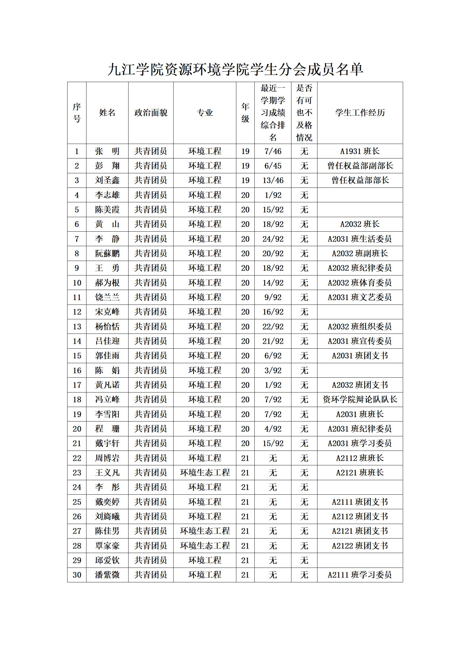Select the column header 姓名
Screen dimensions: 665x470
[107, 113]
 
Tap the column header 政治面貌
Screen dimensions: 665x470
[151, 113]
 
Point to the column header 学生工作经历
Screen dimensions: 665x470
[360, 113]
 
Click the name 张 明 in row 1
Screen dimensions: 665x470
[107, 151]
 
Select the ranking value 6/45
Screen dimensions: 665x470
[273, 166]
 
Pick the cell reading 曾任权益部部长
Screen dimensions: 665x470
[360, 180]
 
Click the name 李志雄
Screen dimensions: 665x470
[107, 195]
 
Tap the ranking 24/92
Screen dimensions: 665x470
[273, 239]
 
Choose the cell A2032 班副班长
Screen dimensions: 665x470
[360, 253]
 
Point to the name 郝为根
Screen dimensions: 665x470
[107, 283]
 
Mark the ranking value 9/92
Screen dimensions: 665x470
[273, 297]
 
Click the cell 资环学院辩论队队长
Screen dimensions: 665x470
[360, 400]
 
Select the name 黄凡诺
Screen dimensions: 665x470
[107, 385]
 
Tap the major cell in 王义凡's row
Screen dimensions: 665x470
[205, 472]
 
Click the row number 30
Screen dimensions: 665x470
[77, 575]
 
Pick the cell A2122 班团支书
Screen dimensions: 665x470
[360, 546]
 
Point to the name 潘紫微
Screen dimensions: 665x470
[107, 575]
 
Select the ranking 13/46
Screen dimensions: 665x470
[273, 180]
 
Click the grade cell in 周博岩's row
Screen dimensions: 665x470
[245, 458]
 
